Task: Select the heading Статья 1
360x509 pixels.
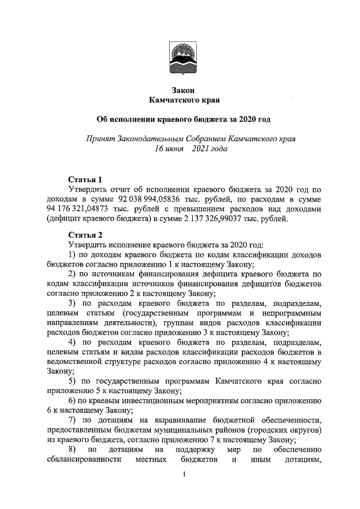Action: tap(85, 180)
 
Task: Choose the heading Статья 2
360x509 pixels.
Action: tap(85, 235)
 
